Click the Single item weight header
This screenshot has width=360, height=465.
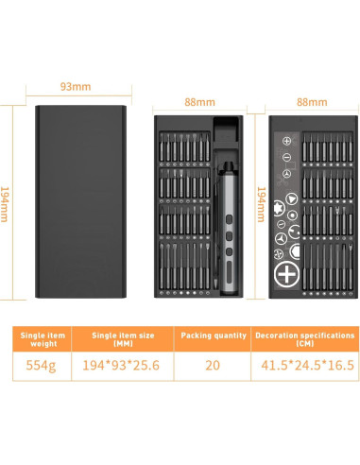click(44, 340)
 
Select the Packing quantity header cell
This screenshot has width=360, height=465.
click(212, 340)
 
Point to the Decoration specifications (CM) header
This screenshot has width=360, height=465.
click(304, 340)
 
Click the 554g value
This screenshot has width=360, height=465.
click(44, 365)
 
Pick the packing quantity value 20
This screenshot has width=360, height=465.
click(212, 365)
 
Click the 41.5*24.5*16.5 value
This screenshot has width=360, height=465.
click(304, 365)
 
